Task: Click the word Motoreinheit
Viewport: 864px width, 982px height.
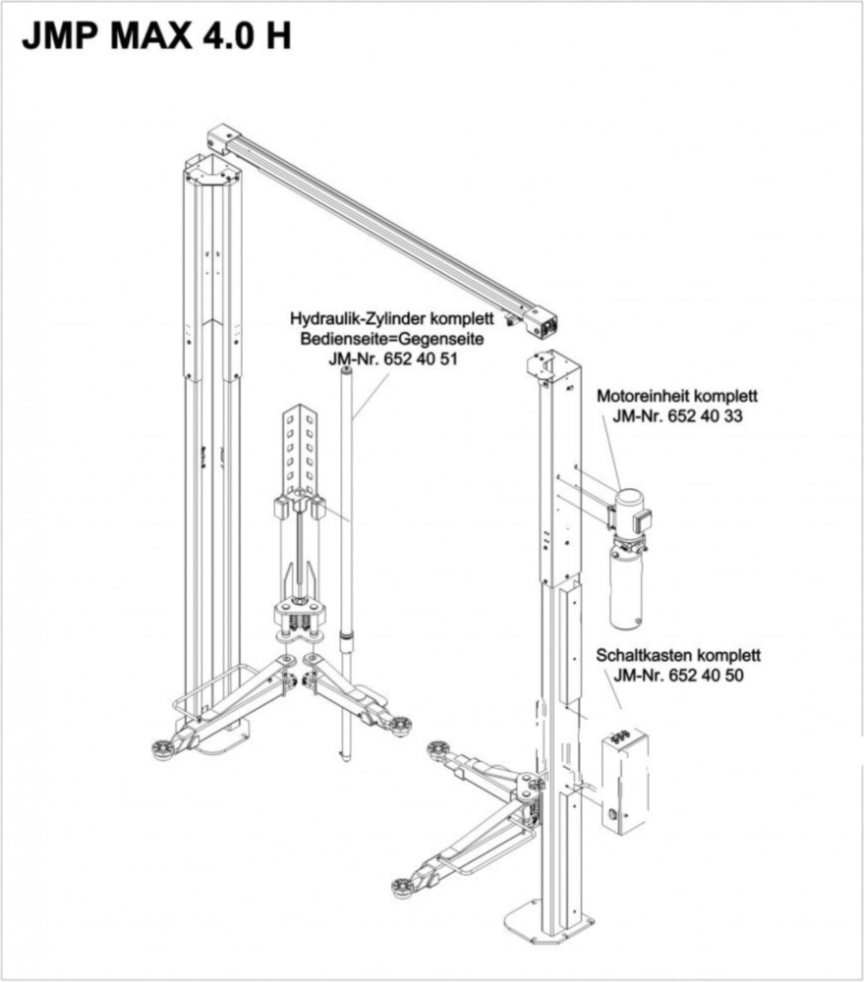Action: (643, 396)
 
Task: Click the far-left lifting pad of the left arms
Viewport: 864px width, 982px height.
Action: (161, 749)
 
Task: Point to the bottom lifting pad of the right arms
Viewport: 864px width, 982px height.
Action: (402, 888)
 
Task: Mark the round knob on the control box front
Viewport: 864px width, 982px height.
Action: (612, 816)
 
